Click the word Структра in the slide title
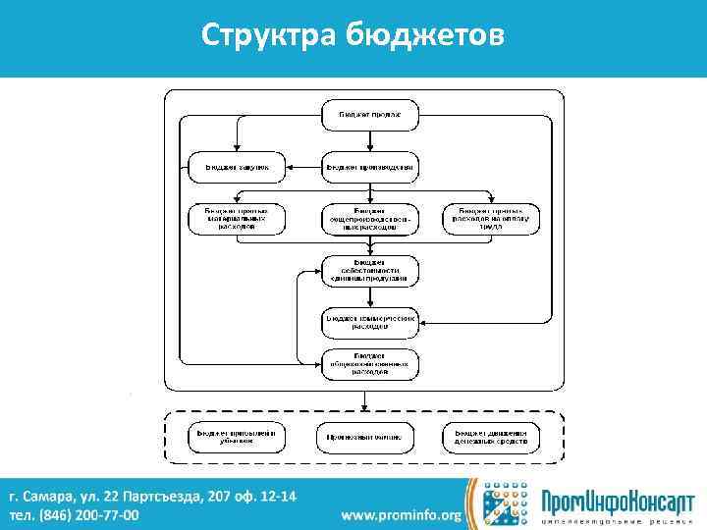click(269, 36)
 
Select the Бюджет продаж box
click(370, 116)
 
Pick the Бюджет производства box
click(370, 167)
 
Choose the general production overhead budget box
click(370, 219)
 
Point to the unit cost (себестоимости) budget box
click(370, 270)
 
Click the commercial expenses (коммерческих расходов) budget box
click(370, 320)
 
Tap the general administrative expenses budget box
click(370, 364)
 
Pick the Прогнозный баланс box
click(362, 437)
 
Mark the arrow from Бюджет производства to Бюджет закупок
click(302, 167)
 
